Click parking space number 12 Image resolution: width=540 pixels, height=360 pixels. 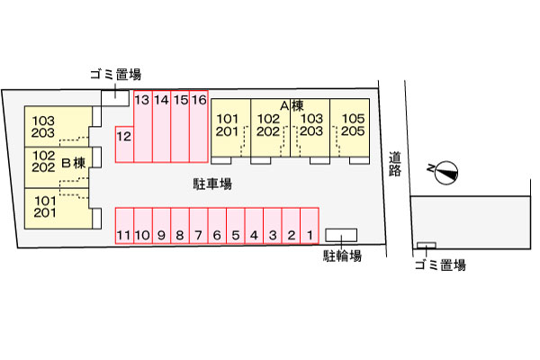click(124, 144)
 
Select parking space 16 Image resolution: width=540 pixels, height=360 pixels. click(199, 126)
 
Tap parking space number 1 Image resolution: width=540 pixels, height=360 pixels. click(310, 226)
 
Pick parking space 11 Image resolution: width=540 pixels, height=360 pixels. click(124, 226)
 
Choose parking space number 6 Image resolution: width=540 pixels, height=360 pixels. click(217, 226)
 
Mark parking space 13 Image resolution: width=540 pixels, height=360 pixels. click(143, 126)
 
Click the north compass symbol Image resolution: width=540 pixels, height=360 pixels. click(445, 172)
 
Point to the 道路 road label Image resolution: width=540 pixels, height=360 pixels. click(395, 164)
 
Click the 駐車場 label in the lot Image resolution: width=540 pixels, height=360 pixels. click(212, 184)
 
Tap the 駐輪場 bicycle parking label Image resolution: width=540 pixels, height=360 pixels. click(342, 256)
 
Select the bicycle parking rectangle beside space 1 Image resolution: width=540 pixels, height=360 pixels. click(341, 235)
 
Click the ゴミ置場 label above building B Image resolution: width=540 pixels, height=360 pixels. click(116, 75)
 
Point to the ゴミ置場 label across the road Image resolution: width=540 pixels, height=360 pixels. click(440, 265)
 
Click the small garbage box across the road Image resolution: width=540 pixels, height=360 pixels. click(427, 246)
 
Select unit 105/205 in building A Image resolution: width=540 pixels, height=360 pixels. click(350, 128)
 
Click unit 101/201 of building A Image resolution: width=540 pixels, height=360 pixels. click(230, 128)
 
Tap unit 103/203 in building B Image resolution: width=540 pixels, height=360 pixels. click(58, 126)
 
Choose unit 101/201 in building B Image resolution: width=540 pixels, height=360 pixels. click(58, 209)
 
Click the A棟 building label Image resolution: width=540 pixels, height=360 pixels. click(292, 106)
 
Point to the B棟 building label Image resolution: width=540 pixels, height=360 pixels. click(74, 163)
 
